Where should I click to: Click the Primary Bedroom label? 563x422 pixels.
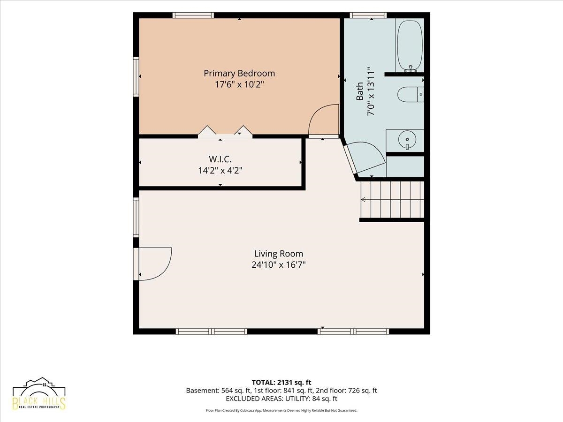tap(239, 74)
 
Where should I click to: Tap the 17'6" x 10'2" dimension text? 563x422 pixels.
tap(239, 84)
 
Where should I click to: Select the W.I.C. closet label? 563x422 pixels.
tap(220, 159)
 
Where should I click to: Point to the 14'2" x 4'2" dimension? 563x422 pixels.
tap(220, 170)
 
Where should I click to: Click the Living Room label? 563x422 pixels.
tap(279, 254)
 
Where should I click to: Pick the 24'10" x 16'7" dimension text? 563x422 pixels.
tap(279, 264)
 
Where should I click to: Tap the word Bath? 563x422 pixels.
tap(360, 91)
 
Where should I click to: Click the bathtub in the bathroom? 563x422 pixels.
tap(410, 46)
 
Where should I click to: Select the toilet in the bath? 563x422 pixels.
tap(411, 94)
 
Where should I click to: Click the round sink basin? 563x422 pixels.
tap(407, 140)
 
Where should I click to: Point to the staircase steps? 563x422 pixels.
tap(392, 200)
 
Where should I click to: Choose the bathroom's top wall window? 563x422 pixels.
tap(368, 15)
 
